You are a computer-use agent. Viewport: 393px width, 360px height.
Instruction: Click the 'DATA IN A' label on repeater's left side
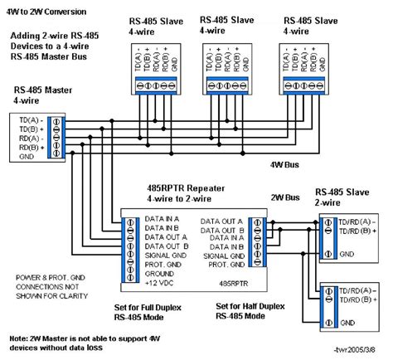point(163,216)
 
